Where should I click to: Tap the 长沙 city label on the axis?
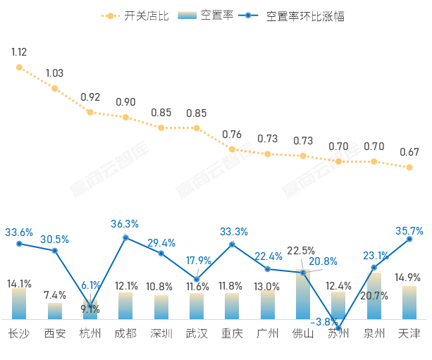tap(19, 333)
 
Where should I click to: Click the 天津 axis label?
tap(409, 333)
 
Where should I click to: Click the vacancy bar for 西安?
tap(54, 311)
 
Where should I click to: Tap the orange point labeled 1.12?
tap(19, 68)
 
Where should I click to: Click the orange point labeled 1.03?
tap(54, 88)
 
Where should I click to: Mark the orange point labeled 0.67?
tap(409, 167)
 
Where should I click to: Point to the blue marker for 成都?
tap(125, 237)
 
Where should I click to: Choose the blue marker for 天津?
tap(409, 240)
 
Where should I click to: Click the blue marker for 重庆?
tap(232, 244)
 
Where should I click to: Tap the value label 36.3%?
tap(125, 223)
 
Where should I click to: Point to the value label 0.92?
tap(90, 97)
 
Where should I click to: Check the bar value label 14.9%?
tap(409, 277)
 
